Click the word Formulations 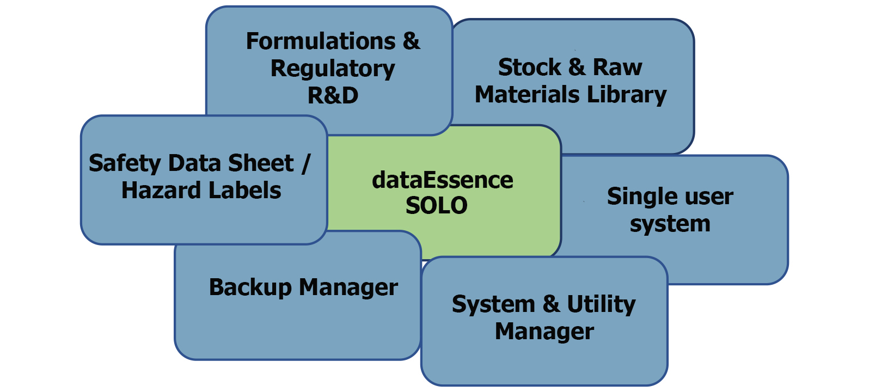pyautogui.click(x=321, y=41)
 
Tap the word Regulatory pyautogui.click(x=333, y=69)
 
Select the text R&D pyautogui.click(x=333, y=96)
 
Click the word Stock pyautogui.click(x=529, y=68)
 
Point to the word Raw pyautogui.click(x=617, y=68)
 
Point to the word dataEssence pyautogui.click(x=442, y=180)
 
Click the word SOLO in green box pyautogui.click(x=436, y=206)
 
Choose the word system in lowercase pyautogui.click(x=670, y=224)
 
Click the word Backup pyautogui.click(x=250, y=287)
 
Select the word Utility pyautogui.click(x=601, y=304)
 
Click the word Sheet pyautogui.click(x=261, y=163)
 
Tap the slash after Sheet pyautogui.click(x=306, y=163)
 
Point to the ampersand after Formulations pyautogui.click(x=412, y=41)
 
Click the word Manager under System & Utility pyautogui.click(x=544, y=332)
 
